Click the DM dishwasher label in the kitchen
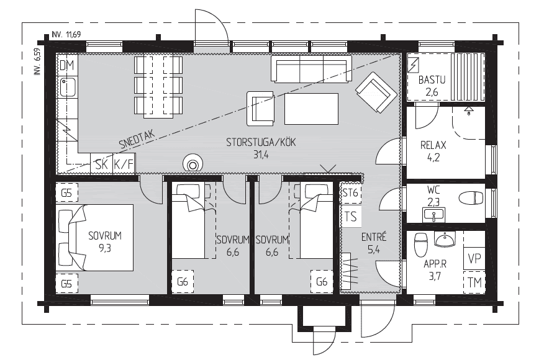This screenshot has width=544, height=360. (x=66, y=65)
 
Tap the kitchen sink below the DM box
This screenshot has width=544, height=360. (x=68, y=88)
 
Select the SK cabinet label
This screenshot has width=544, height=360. (x=102, y=164)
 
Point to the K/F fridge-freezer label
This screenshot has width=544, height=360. (x=124, y=164)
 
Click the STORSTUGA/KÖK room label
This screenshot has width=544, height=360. (x=261, y=142)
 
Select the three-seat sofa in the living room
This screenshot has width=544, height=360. (x=311, y=70)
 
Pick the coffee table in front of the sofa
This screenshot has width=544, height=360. (x=311, y=109)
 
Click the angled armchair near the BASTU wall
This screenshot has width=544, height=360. (x=376, y=92)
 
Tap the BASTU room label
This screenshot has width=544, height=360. (x=432, y=80)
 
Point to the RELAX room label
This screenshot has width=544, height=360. (x=433, y=145)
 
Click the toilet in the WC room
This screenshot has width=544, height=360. (x=471, y=199)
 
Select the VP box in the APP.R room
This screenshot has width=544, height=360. (x=474, y=259)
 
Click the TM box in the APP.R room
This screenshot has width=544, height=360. (x=474, y=282)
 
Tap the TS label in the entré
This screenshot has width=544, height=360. (x=351, y=217)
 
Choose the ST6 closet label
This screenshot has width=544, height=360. (x=350, y=192)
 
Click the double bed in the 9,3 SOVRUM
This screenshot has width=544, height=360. (x=94, y=238)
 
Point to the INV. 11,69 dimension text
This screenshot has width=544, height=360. (x=66, y=34)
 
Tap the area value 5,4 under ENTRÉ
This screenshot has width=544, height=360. (x=374, y=250)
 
